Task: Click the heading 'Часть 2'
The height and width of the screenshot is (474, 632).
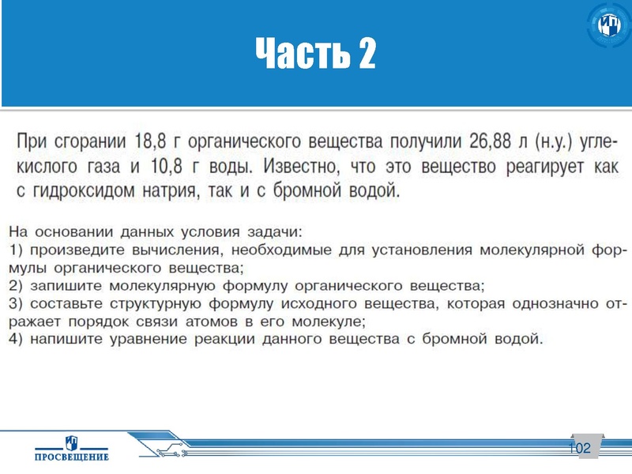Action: tap(315, 54)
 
